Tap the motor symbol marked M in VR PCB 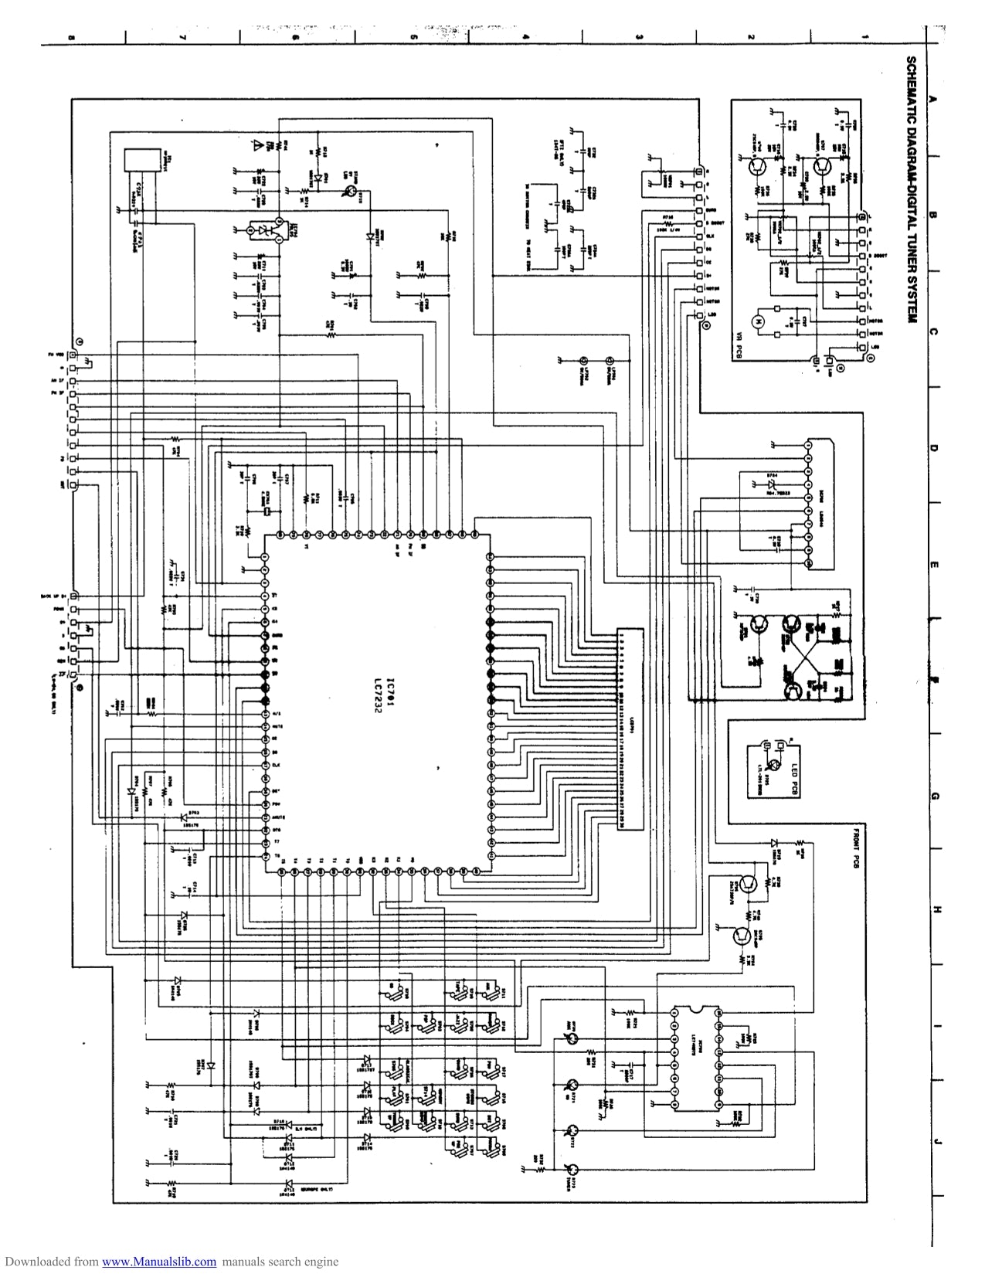pos(759,320)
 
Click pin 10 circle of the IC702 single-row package pos(808,566)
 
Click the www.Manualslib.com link pos(158,1262)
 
